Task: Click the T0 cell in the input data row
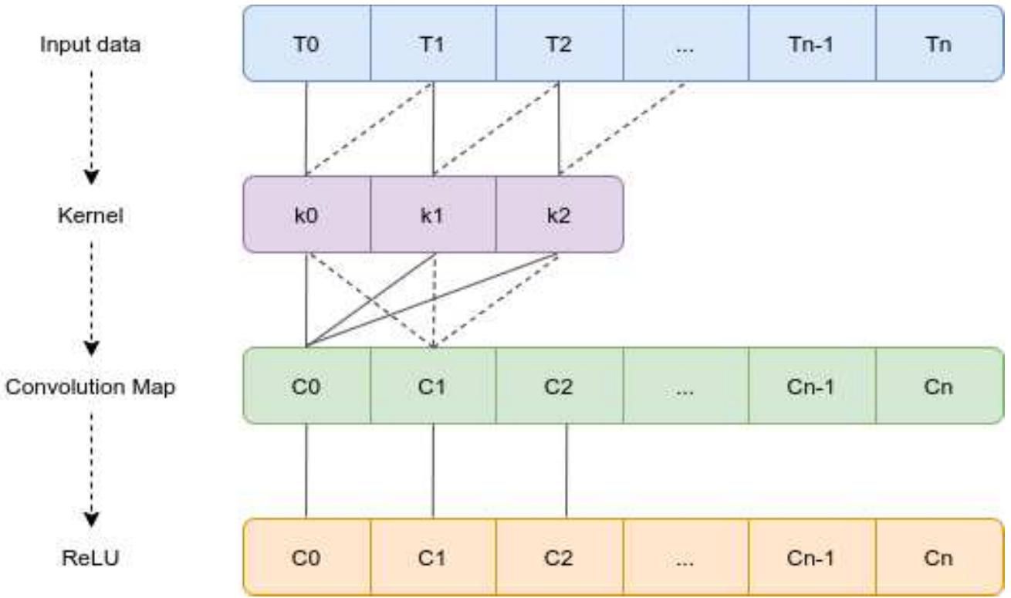click(x=306, y=44)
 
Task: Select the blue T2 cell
click(x=559, y=44)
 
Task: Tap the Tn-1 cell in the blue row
click(x=812, y=44)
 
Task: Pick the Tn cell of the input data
click(x=938, y=44)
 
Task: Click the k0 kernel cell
click(x=306, y=215)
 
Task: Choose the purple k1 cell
click(x=433, y=215)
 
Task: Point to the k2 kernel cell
click(x=559, y=215)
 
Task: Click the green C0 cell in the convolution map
click(x=306, y=386)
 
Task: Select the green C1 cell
click(x=433, y=386)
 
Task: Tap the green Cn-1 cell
click(x=812, y=386)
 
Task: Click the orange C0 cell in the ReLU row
click(x=306, y=558)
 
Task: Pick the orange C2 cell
click(x=559, y=558)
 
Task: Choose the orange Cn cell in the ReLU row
click(x=938, y=558)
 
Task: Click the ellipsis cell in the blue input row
click(x=685, y=44)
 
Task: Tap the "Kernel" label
click(x=91, y=215)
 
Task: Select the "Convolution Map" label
click(x=91, y=387)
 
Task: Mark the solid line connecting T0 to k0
click(x=306, y=128)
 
